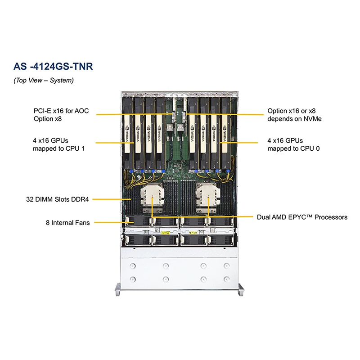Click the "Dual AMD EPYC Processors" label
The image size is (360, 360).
click(302, 217)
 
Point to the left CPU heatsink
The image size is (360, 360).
click(151, 199)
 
